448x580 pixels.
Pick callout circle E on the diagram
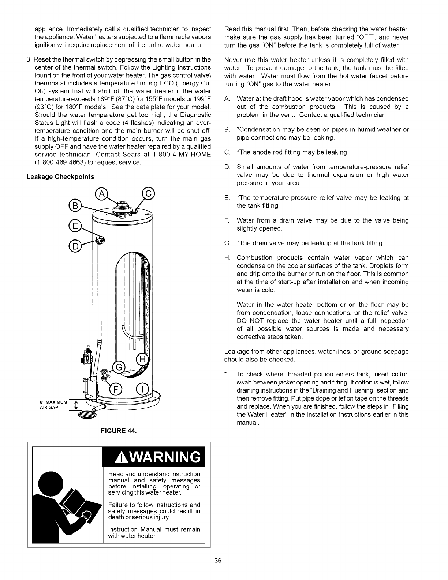pyautogui.click(x=75, y=226)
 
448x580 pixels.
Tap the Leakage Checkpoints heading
pyautogui.click(x=60, y=177)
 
